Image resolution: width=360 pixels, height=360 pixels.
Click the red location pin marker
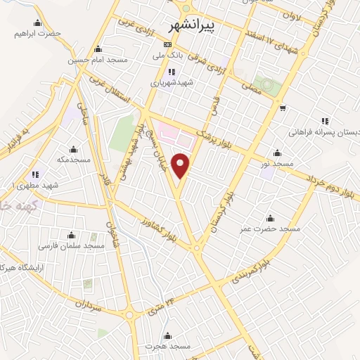tap(181, 165)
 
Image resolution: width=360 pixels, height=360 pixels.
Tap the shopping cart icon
tap(282, 108)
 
